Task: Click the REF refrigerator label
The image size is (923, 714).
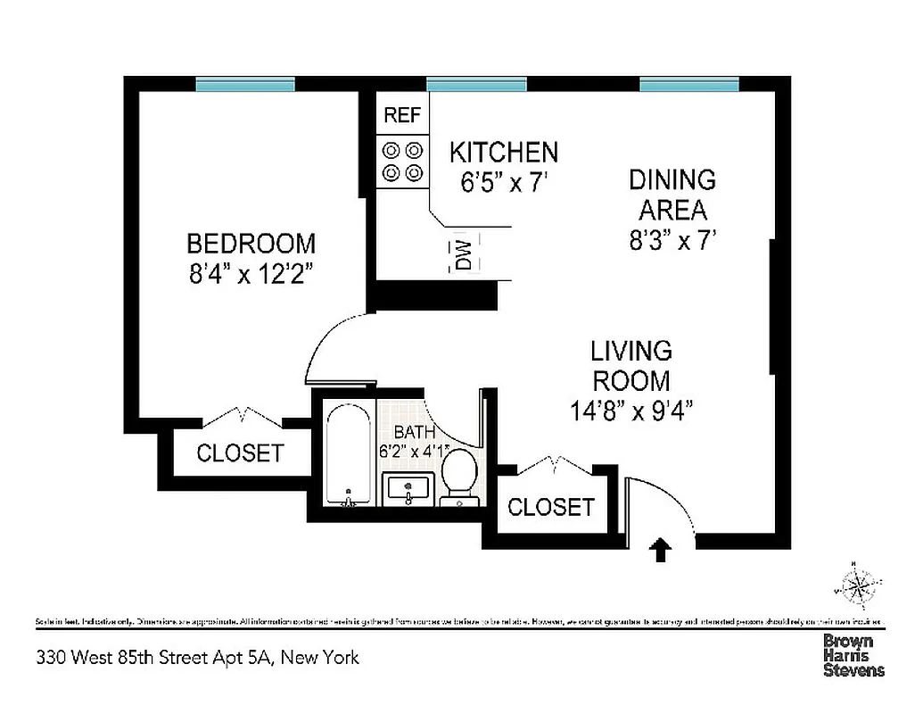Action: [x=402, y=114]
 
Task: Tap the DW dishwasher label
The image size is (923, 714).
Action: [x=464, y=253]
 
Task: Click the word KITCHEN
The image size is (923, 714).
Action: [x=503, y=152]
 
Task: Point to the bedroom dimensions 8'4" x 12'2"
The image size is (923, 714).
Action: [x=250, y=272]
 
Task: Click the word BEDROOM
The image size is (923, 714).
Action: [x=251, y=243]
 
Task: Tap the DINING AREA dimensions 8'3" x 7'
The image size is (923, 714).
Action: [x=672, y=240]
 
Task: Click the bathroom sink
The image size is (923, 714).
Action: [x=408, y=490]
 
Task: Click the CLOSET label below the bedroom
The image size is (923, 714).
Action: [x=239, y=453]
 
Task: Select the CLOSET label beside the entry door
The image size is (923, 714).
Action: [x=550, y=507]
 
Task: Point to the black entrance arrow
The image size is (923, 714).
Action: [x=660, y=549]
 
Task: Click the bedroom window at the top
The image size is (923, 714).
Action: [x=245, y=85]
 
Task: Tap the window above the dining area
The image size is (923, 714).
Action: [x=688, y=85]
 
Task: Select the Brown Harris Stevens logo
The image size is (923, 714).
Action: [x=853, y=655]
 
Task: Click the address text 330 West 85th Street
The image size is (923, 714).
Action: [x=198, y=658]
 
